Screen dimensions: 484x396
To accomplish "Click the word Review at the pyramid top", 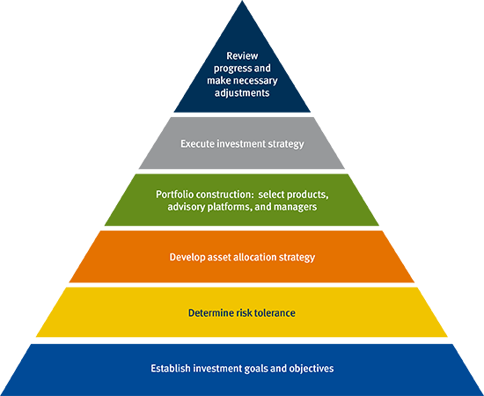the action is (242, 55).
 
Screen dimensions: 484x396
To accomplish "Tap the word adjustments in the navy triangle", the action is (242, 93).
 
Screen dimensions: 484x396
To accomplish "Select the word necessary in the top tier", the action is (256, 81).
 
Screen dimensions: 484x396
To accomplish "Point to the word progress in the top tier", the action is (229, 69).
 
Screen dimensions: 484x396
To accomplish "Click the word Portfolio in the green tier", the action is (174, 194).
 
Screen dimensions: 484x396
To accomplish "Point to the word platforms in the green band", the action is (230, 207).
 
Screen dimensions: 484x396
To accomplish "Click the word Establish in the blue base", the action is (171, 369).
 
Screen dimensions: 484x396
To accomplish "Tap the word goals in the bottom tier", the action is (253, 369).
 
